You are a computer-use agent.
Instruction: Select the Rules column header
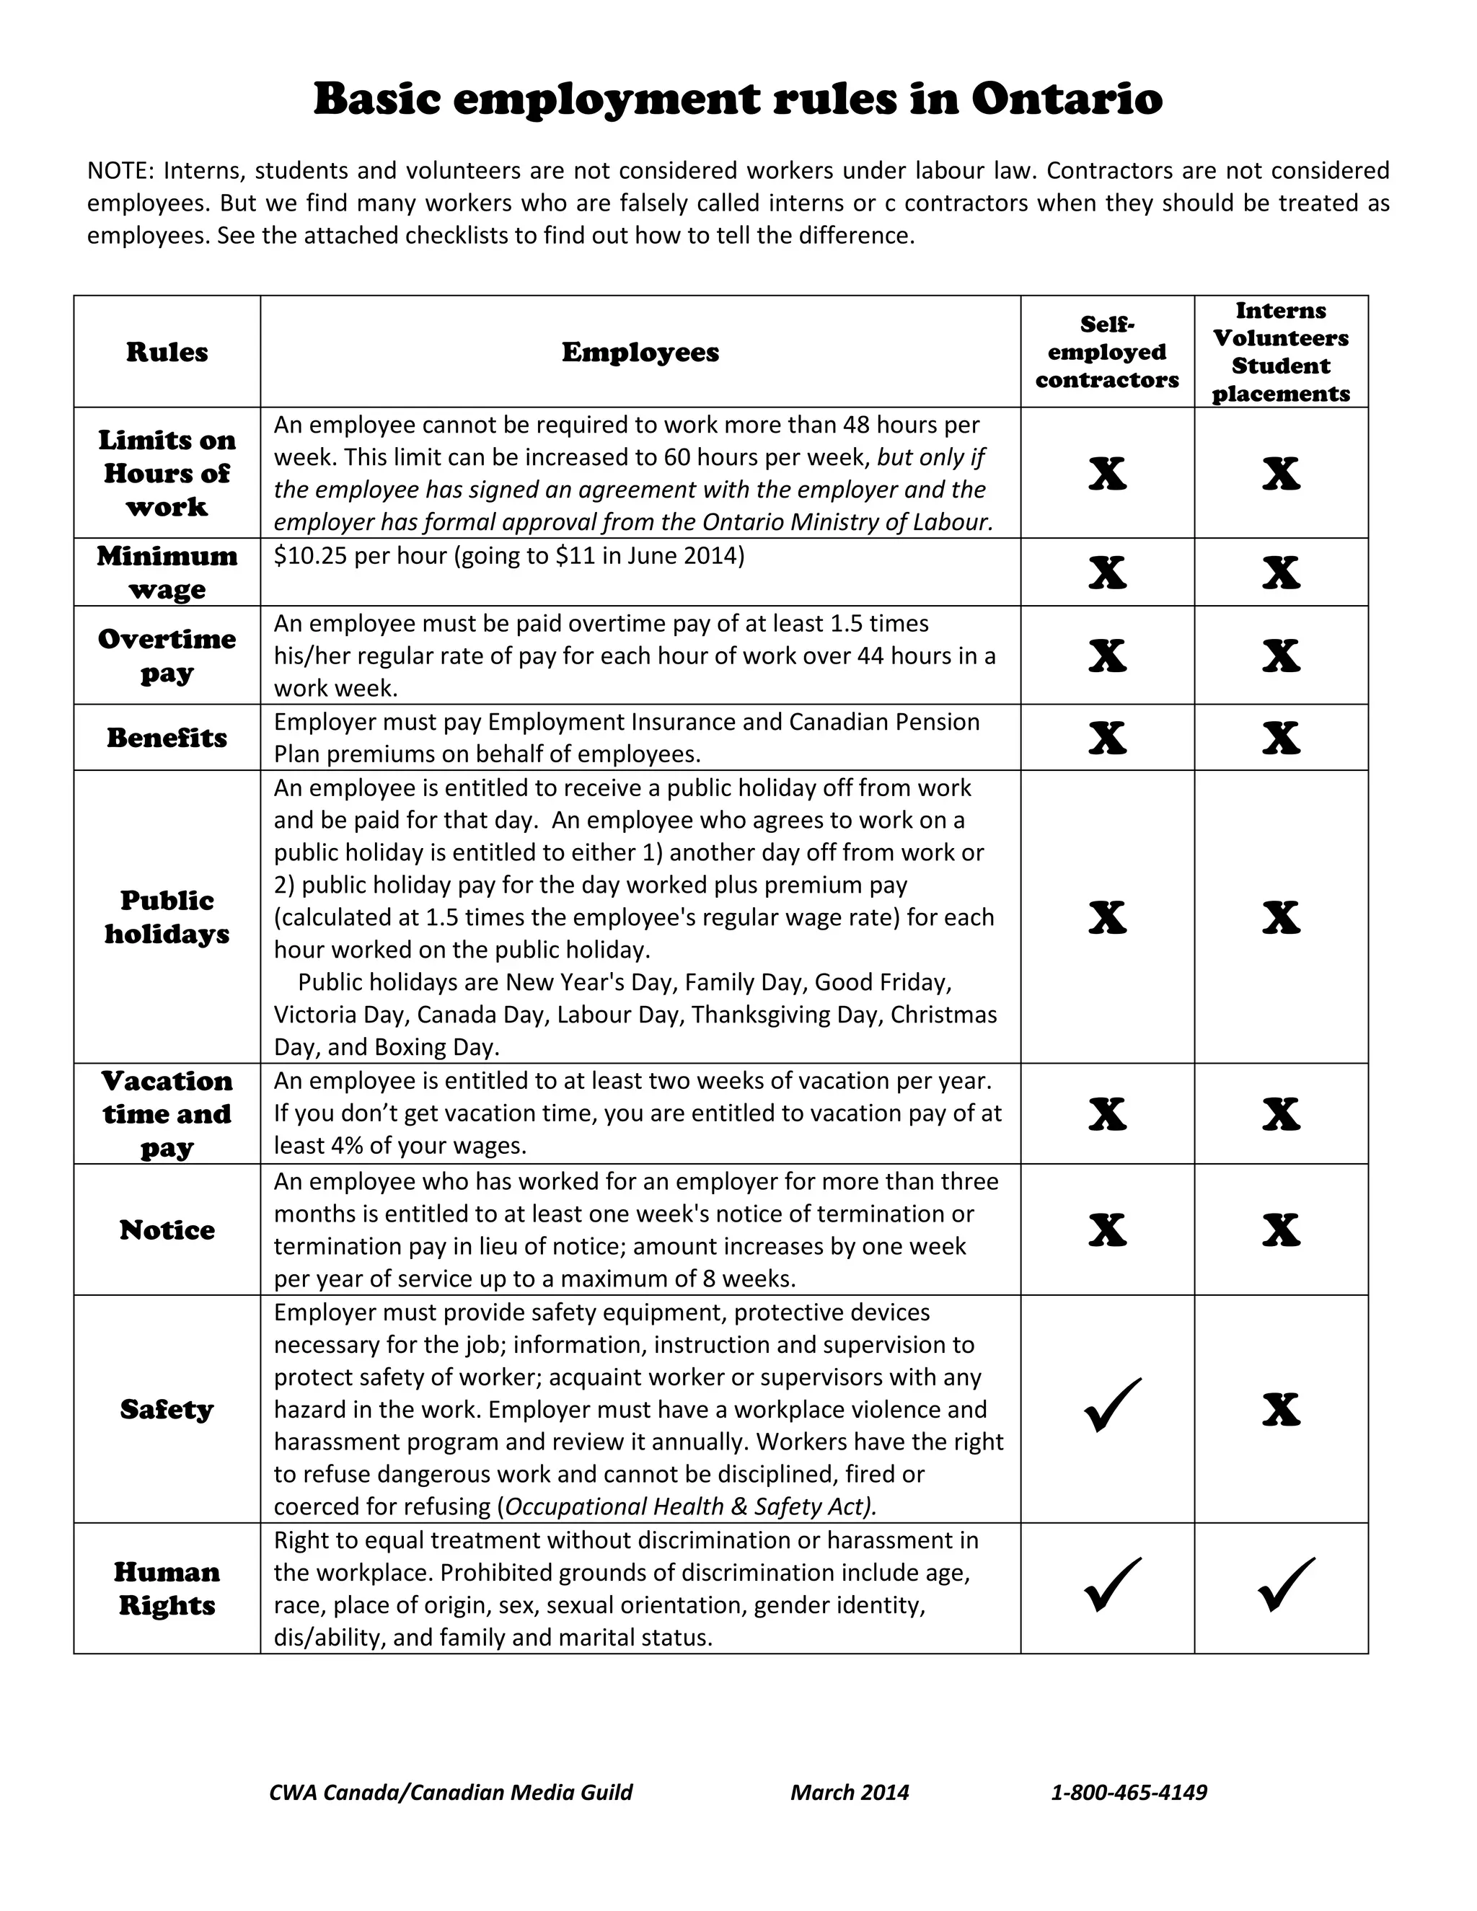pos(167,352)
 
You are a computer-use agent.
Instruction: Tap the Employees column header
pos(640,352)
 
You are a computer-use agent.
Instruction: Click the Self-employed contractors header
pos(1107,352)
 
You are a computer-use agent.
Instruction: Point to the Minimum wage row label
pos(167,573)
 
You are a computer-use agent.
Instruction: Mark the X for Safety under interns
pos(1281,1410)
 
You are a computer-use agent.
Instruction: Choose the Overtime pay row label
pos(167,656)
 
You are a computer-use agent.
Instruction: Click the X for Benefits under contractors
pos(1107,738)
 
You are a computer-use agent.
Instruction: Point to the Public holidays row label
pos(167,917)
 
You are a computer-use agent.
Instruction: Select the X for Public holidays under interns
pos(1281,917)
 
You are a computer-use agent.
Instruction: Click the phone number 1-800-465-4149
pos(1129,1792)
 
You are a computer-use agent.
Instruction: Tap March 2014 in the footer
pos(850,1792)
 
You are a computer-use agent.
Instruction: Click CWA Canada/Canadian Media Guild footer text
pos(451,1792)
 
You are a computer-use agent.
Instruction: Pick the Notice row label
pos(167,1230)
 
